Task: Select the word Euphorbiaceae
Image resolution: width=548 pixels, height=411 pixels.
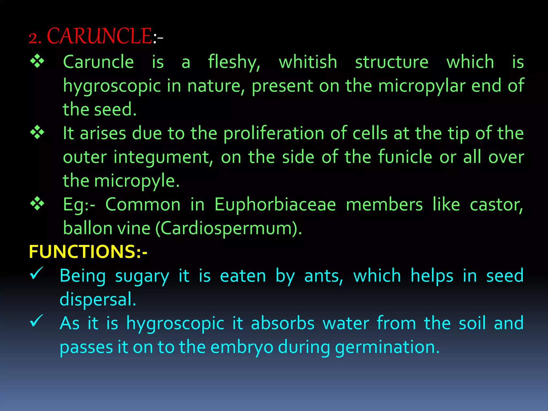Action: click(x=275, y=205)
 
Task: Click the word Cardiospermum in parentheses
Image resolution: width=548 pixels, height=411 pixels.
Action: click(x=226, y=229)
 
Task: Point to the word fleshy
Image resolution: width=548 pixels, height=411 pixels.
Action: click(x=234, y=62)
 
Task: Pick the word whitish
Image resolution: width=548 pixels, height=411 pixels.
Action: click(x=308, y=62)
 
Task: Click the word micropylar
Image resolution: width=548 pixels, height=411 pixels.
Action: click(x=421, y=86)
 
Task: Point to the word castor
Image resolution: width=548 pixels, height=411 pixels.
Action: click(x=496, y=205)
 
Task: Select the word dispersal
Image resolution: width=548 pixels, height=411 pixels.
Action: click(x=98, y=299)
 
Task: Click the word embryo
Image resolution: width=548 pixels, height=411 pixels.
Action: click(x=242, y=347)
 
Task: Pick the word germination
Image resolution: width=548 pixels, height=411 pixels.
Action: click(x=387, y=347)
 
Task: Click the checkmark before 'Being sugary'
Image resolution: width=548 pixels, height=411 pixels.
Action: click(x=36, y=273)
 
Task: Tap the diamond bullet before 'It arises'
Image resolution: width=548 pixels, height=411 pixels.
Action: click(x=37, y=132)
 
